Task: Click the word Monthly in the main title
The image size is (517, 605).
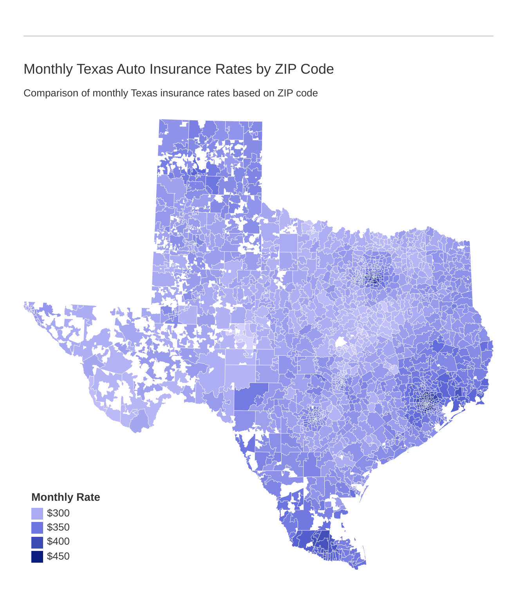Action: tap(48, 69)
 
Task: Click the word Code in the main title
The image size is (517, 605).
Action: tap(317, 69)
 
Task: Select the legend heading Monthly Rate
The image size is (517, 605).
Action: tap(66, 497)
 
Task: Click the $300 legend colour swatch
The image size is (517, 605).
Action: tap(37, 513)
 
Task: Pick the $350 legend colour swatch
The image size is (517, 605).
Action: tap(37, 527)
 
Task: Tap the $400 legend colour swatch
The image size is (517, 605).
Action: tap(37, 542)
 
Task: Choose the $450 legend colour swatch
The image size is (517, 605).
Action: tap(37, 556)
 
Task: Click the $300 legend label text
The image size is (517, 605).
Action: tap(58, 513)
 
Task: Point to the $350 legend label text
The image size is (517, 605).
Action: tap(58, 527)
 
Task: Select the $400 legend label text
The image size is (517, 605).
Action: tap(58, 542)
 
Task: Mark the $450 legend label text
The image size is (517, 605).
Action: tap(58, 556)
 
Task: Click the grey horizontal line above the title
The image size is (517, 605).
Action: tap(258, 36)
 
